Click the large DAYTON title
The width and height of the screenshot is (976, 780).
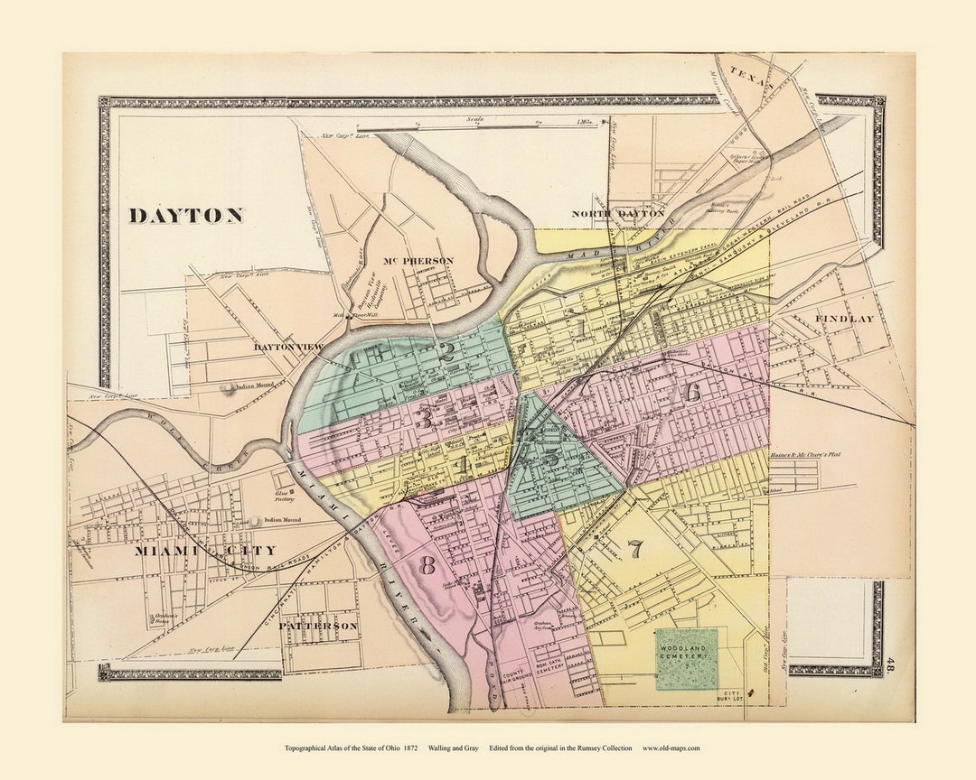[x=185, y=216]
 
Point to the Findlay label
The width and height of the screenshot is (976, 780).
[x=845, y=319]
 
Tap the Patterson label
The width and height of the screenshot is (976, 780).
[x=318, y=626]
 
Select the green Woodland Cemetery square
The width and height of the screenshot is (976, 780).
[x=687, y=659]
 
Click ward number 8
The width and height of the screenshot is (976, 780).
[x=427, y=566]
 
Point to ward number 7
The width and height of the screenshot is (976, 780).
[x=635, y=548]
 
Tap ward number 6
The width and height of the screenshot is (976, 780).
[x=692, y=393]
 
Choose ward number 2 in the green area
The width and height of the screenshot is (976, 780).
[x=446, y=352]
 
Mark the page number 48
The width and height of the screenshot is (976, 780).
[x=890, y=666]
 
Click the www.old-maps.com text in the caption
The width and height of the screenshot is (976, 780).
[x=671, y=747]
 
